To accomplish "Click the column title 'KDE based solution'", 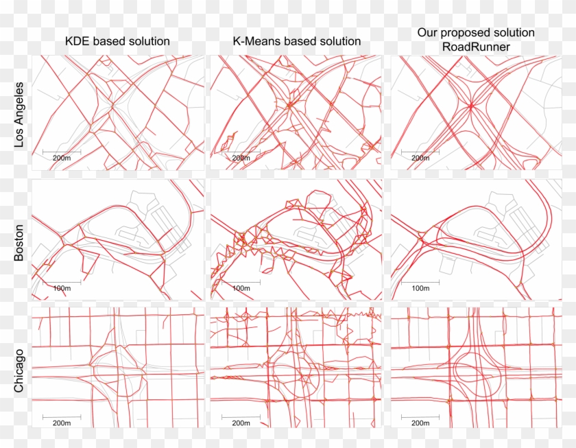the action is tap(117, 41).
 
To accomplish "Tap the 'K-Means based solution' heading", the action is tap(297, 41).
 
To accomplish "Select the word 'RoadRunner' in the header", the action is tap(476, 47).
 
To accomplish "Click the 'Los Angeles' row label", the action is tap(19, 115).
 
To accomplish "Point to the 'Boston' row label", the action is tap(19, 243).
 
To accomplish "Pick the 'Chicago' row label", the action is tap(19, 371).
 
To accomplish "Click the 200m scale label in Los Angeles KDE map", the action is tap(62, 158).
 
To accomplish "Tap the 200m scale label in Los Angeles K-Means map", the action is tap(241, 158).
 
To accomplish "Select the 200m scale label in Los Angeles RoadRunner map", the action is tap(420, 158).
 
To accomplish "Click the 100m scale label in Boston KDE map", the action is tap(62, 288).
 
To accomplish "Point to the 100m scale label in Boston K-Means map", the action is tap(241, 288).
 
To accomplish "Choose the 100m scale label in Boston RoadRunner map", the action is tap(420, 288).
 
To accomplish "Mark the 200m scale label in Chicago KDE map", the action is tap(62, 423).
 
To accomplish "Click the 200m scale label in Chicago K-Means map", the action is tap(241, 423).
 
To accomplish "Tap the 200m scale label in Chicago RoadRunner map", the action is tap(420, 423).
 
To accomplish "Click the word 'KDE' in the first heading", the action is tap(77, 41).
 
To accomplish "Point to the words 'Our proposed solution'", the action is tap(476, 33).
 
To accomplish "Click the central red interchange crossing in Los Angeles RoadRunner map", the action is tap(471, 106).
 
